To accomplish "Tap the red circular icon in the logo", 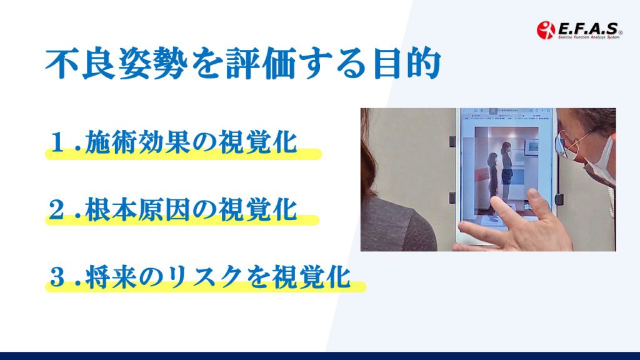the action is [546, 30].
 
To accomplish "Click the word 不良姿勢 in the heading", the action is [117, 64].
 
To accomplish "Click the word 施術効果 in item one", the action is [137, 142].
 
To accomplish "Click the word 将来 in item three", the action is [111, 276].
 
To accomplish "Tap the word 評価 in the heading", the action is [261, 64].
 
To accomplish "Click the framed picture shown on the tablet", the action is [531, 146].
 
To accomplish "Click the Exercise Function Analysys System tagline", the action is [588, 37].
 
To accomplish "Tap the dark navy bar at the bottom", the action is [320, 356].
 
